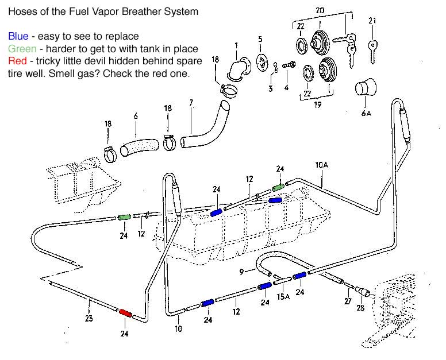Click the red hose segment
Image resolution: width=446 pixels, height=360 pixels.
pyautogui.click(x=125, y=313)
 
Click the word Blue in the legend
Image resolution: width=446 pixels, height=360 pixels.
pyautogui.click(x=18, y=37)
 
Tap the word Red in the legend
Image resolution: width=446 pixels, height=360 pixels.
pyautogui.click(x=17, y=61)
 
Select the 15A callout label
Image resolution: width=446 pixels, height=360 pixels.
pyautogui.click(x=282, y=296)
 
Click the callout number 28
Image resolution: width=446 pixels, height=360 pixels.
pyautogui.click(x=360, y=308)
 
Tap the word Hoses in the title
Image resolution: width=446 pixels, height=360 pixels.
pyautogui.click(x=21, y=11)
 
